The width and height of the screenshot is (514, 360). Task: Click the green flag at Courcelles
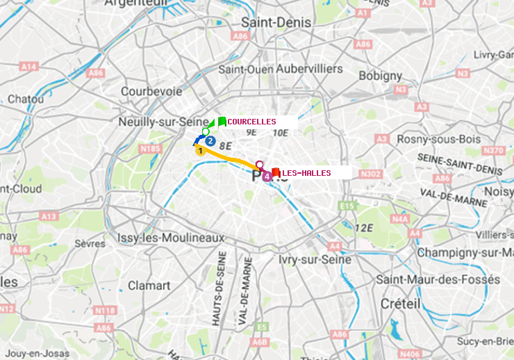tap(221, 122)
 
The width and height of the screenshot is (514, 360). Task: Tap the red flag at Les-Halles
tap(276, 172)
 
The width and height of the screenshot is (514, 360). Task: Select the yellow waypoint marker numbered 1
tap(200, 150)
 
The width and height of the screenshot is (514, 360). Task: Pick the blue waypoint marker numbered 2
tap(210, 140)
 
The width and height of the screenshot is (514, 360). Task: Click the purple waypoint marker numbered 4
tap(267, 177)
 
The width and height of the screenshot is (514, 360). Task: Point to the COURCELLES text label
tap(251, 122)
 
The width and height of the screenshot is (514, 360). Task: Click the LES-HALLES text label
tap(306, 173)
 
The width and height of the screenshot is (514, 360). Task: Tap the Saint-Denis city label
tap(276, 23)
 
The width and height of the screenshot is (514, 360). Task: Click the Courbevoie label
tap(151, 91)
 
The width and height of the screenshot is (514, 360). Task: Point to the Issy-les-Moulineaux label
tap(171, 238)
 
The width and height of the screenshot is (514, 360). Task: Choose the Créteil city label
tap(400, 304)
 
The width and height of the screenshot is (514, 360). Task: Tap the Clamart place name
tap(149, 286)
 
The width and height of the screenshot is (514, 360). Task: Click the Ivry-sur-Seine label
tap(314, 259)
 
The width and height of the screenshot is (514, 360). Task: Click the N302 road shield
tap(372, 174)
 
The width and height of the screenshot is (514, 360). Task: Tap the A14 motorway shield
tap(28, 67)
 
